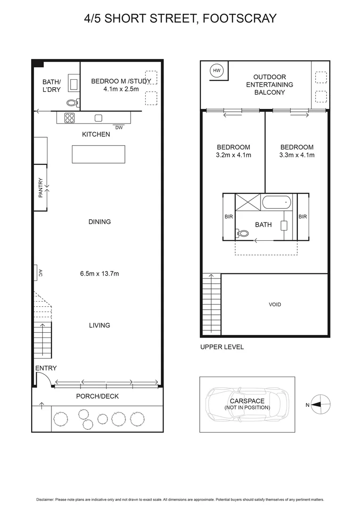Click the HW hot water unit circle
pyautogui.click(x=217, y=71)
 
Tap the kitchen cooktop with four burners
pyautogui.click(x=69, y=118)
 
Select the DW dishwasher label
pyautogui.click(x=118, y=128)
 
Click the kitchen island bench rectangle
pyautogui.click(x=98, y=154)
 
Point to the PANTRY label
pyautogui.click(x=41, y=188)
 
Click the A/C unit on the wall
pyautogui.click(x=37, y=273)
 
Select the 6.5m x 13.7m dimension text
pyautogui.click(x=99, y=273)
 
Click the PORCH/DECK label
pyautogui.click(x=98, y=396)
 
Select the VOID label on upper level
pyautogui.click(x=275, y=304)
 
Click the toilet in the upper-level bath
pyautogui.click(x=243, y=233)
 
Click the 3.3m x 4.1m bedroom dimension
pyautogui.click(x=297, y=155)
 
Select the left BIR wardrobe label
pyautogui.click(x=229, y=217)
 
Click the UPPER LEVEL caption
pyautogui.click(x=222, y=347)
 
